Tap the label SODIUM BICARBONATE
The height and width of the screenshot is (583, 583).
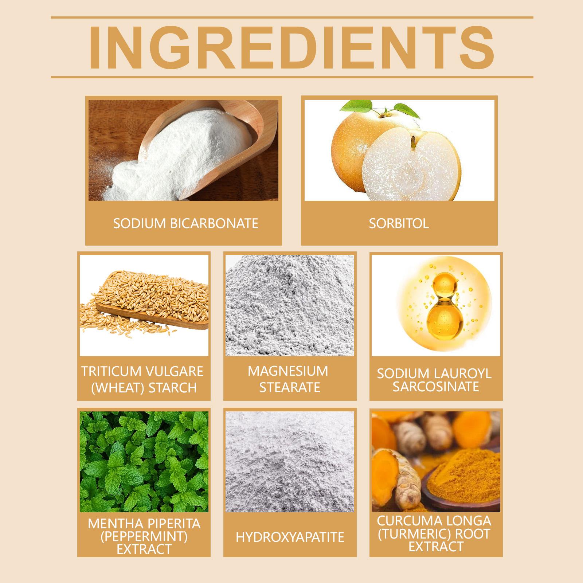(185, 223)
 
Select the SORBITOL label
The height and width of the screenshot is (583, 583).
(399, 223)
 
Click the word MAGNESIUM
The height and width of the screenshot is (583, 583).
(288, 371)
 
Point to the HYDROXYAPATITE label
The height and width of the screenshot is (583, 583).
(290, 537)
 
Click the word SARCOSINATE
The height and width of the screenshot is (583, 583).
(436, 386)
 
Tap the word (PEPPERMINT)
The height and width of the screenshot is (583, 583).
(144, 537)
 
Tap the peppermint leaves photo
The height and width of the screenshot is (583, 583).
(144, 462)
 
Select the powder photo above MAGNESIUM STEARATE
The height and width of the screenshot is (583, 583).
(290, 305)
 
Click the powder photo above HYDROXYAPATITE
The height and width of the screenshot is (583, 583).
(290, 462)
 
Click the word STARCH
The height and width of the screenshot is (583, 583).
(173, 388)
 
